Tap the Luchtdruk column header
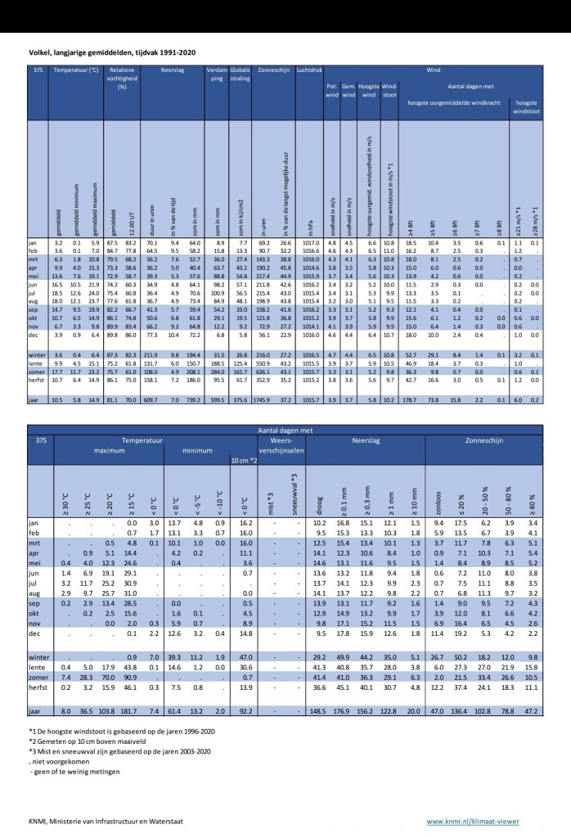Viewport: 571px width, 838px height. coord(310,71)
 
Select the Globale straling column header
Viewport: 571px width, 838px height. coord(241,75)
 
